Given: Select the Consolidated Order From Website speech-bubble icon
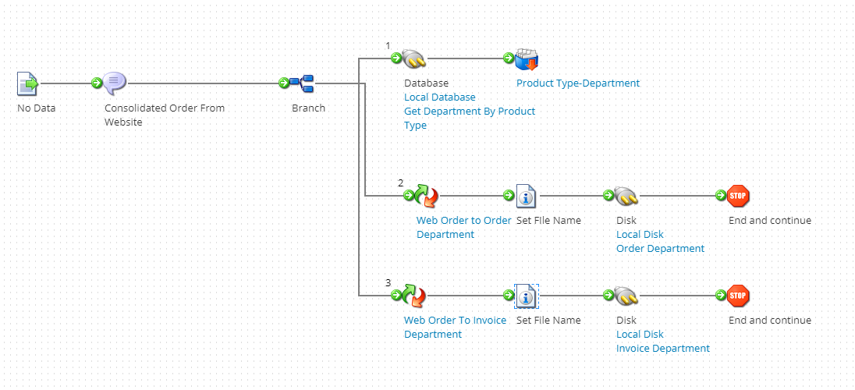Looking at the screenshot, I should pos(115,83).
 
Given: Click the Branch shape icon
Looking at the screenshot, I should pos(302,83).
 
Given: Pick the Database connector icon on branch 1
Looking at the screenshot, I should pos(414,58).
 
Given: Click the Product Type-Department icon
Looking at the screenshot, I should pos(527,59).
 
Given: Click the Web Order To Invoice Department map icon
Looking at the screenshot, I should pos(414,296).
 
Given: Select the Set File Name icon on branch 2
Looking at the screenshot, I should pos(527,196).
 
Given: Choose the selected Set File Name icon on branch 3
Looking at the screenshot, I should pos(527,296).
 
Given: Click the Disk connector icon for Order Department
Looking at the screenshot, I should pos(626,196).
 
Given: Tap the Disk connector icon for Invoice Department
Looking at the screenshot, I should pos(626,296).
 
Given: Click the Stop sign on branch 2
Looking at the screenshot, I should pos(738,196).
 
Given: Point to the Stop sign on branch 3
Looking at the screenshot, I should pos(738,296).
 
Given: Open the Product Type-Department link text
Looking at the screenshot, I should pos(577,83).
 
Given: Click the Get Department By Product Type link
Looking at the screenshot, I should pos(469,112).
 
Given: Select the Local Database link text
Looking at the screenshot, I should pos(439,97).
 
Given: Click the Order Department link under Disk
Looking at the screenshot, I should pos(660,249).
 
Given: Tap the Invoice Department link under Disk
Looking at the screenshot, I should pos(662,349).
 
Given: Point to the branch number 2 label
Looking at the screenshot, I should pos(401,183).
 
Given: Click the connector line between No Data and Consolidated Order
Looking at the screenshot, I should pos(66,83).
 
